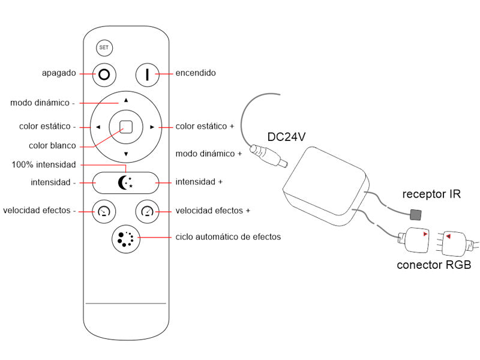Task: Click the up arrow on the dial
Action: click(x=126, y=100)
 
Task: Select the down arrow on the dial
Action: click(x=126, y=154)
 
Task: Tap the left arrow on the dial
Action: click(x=98, y=127)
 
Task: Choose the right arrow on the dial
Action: click(x=152, y=127)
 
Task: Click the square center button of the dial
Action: click(x=126, y=127)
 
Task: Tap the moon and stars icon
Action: click(x=125, y=182)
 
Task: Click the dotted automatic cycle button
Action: click(x=125, y=238)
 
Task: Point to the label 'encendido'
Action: click(x=196, y=73)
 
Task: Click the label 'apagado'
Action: click(x=59, y=73)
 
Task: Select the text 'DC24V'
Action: click(x=286, y=137)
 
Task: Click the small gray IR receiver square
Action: click(x=414, y=214)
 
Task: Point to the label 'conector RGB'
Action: click(x=434, y=265)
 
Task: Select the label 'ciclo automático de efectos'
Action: click(x=228, y=237)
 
